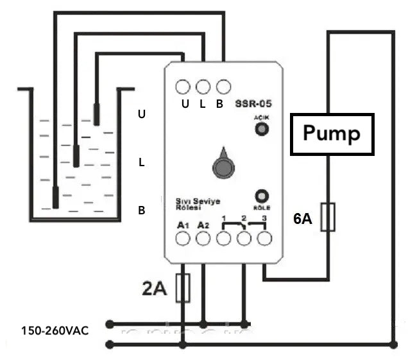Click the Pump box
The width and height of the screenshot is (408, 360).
tap(332, 134)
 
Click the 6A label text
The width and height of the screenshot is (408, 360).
tap(303, 219)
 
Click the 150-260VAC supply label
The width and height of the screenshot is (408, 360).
tap(55, 331)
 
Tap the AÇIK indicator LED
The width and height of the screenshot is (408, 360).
tap(262, 130)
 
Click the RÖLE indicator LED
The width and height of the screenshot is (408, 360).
tap(262, 196)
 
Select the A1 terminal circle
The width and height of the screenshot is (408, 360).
tap(183, 239)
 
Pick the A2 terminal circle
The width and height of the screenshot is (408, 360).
tap(203, 239)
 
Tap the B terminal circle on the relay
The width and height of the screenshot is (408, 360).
tap(223, 86)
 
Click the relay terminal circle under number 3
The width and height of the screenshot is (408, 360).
tap(264, 239)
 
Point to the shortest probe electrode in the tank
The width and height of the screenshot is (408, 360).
tap(97, 114)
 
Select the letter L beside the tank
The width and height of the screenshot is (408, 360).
tap(142, 162)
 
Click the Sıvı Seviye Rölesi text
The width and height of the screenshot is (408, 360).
tap(198, 204)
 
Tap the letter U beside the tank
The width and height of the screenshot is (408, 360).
tap(142, 114)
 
